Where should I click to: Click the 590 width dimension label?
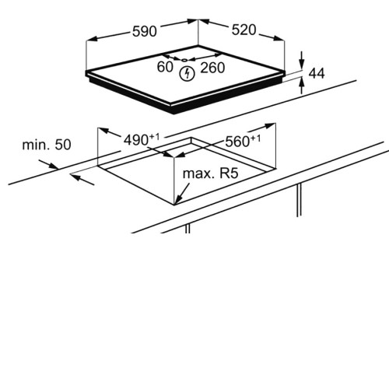click(x=145, y=31)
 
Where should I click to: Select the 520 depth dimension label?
click(x=244, y=30)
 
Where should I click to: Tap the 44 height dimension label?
click(x=317, y=73)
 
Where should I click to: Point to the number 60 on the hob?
click(x=165, y=67)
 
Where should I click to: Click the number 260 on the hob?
click(x=212, y=68)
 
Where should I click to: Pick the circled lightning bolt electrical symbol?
click(x=187, y=74)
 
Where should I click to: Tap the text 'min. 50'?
click(x=47, y=145)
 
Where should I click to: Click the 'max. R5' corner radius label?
click(x=210, y=173)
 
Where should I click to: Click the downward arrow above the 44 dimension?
click(x=301, y=60)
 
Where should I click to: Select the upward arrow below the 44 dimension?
click(x=301, y=86)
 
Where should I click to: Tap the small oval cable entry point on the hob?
click(x=184, y=60)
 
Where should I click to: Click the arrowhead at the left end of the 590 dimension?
click(x=92, y=39)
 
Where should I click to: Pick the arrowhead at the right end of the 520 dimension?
click(x=279, y=38)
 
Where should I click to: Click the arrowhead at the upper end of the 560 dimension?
click(x=270, y=126)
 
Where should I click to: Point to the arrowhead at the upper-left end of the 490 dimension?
click(x=103, y=131)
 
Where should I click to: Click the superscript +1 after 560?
click(x=255, y=138)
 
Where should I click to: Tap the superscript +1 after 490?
click(x=154, y=138)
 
